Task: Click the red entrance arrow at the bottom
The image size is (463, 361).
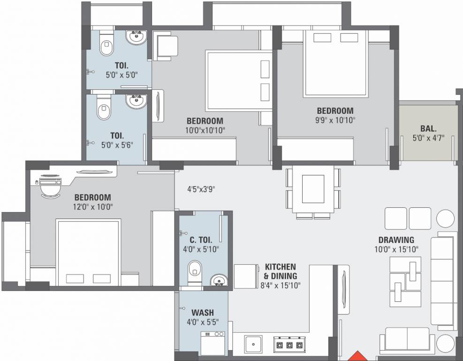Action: point(358,356)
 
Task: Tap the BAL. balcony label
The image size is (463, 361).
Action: point(428,128)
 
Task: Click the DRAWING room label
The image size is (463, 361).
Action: point(396,240)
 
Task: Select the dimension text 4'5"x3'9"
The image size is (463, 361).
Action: point(201,190)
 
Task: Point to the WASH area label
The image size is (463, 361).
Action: point(203,313)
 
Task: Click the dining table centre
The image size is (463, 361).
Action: point(313,188)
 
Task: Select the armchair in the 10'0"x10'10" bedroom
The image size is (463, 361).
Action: point(165,46)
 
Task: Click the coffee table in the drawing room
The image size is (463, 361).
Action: point(405,281)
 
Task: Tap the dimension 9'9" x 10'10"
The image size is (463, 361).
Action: point(335,120)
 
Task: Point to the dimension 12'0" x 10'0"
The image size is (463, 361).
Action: point(92,206)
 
